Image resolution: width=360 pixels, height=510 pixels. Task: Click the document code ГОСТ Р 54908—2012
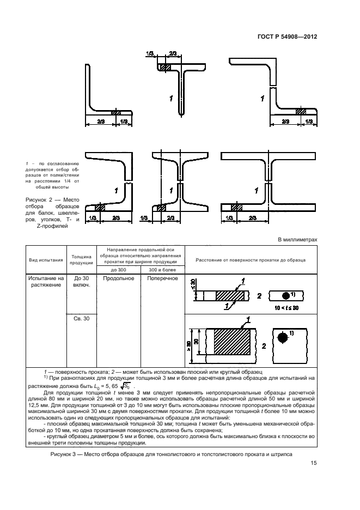click(288, 37)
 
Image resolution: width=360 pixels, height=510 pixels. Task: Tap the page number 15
click(313, 463)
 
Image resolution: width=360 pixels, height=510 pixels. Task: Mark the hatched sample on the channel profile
click(100, 208)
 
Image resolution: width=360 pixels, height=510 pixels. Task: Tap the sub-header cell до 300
click(118, 270)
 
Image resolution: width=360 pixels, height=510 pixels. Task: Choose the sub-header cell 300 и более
click(162, 270)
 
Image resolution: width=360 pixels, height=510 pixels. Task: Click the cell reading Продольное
click(118, 278)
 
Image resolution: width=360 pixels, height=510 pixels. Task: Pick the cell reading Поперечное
click(162, 278)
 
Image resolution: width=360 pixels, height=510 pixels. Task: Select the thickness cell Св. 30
click(81, 319)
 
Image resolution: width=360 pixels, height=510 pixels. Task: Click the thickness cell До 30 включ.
click(81, 282)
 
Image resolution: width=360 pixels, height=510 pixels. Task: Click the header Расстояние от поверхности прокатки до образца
click(250, 260)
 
